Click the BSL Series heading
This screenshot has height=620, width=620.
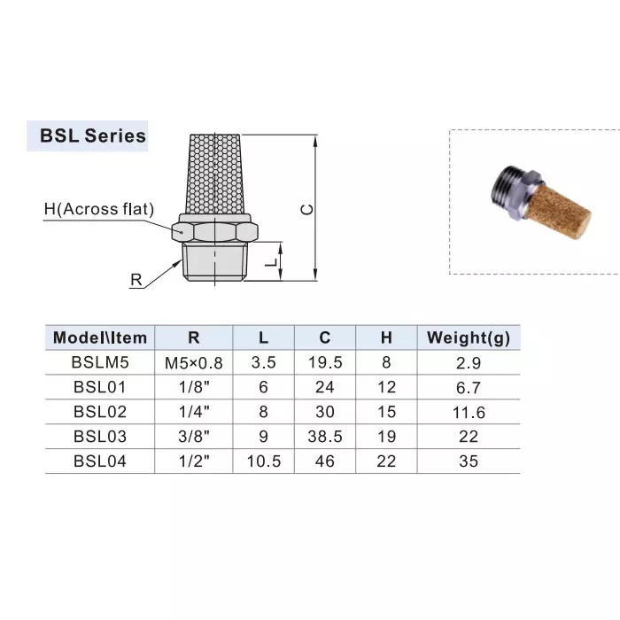(92, 136)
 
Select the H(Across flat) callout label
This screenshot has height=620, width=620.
(99, 210)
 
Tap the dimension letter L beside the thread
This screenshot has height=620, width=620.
(275, 262)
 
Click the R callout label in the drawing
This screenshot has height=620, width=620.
(136, 280)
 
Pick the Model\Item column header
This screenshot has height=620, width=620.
(100, 337)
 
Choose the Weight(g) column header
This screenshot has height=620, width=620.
(469, 337)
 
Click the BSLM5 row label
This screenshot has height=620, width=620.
(100, 362)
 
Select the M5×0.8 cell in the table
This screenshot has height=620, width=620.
(194, 362)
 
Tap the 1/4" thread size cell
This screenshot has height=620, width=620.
(194, 412)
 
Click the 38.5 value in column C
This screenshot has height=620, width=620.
(325, 437)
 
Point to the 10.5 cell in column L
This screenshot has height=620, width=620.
(264, 461)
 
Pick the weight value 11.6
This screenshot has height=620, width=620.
(469, 412)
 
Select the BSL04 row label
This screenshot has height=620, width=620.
(100, 461)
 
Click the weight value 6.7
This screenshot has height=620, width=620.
(469, 387)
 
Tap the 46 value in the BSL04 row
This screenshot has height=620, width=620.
(325, 461)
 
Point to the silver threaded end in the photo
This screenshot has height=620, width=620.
(505, 185)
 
